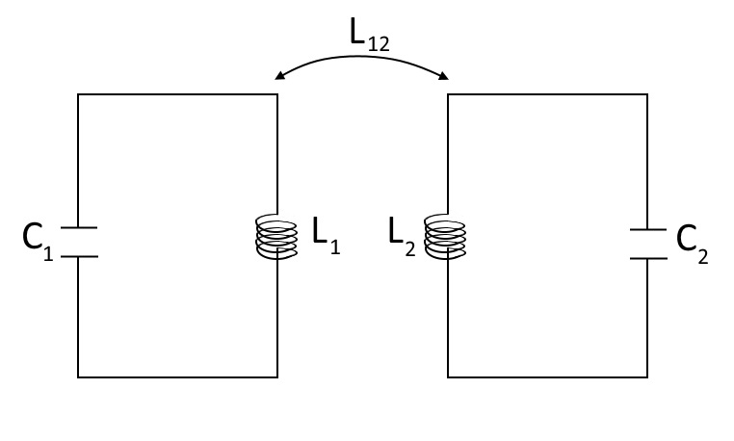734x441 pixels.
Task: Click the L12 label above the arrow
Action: point(369,37)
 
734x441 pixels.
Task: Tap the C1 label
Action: point(36,241)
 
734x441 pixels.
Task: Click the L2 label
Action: point(403,236)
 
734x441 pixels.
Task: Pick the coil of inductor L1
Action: point(274,237)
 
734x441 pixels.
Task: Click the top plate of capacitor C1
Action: point(78,228)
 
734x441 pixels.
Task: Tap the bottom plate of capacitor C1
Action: point(78,257)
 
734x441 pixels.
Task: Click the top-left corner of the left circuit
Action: point(78,94)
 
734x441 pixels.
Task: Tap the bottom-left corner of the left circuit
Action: point(78,376)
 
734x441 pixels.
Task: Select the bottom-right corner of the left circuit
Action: point(278,376)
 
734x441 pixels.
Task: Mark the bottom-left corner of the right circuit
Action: point(449,376)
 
